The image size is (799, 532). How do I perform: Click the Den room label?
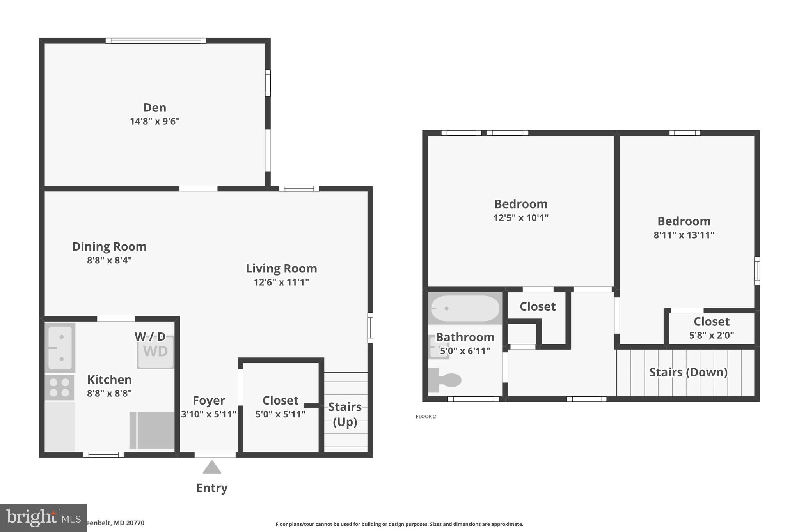(x=154, y=108)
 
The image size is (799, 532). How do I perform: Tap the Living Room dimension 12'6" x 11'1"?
(x=281, y=282)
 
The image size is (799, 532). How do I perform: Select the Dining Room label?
(x=109, y=247)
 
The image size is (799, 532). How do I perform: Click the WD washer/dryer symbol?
(x=155, y=352)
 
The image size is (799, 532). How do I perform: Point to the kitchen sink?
(x=60, y=348)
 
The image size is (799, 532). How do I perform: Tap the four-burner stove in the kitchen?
(x=60, y=387)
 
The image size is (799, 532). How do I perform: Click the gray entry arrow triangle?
(x=212, y=467)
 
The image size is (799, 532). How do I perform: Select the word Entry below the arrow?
(x=212, y=488)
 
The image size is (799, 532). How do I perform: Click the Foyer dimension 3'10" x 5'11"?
(x=209, y=414)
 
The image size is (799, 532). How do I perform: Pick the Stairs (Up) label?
(x=345, y=414)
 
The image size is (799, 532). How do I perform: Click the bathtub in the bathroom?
(x=465, y=308)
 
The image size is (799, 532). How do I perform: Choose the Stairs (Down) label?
(x=688, y=372)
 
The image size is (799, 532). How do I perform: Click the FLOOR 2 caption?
(x=426, y=417)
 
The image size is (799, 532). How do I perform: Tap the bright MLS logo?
(x=43, y=517)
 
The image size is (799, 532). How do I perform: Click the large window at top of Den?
(x=156, y=41)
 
